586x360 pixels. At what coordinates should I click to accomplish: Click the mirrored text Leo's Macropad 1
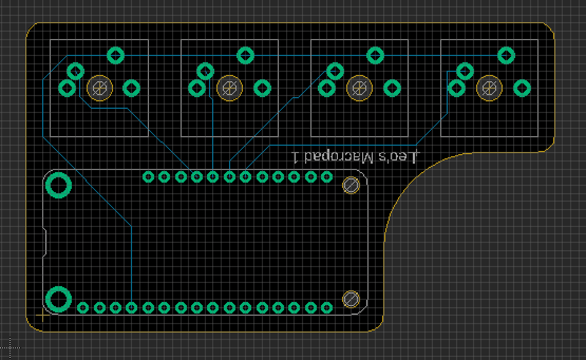[355, 157]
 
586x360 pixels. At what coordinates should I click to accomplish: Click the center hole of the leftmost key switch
[100, 89]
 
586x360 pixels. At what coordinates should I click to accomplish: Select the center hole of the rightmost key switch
[489, 89]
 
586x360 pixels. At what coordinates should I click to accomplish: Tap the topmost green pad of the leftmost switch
[116, 56]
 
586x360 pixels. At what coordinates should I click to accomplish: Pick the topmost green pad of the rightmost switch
[506, 56]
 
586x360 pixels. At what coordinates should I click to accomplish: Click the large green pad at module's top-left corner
[58, 185]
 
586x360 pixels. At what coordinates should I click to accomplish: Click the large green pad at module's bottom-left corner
[58, 299]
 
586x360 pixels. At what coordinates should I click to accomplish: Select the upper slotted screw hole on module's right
[351, 185]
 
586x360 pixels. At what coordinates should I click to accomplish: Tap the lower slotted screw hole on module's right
[351, 299]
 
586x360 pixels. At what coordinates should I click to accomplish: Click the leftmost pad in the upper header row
[148, 177]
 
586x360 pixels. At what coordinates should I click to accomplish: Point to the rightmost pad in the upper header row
[327, 177]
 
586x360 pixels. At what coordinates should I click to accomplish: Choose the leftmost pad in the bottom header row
[83, 308]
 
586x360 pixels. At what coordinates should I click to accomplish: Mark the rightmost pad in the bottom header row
[327, 308]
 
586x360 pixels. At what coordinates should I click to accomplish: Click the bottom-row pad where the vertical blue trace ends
[131, 308]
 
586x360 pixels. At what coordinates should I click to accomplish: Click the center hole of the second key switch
[230, 89]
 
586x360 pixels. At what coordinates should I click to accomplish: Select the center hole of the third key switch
[360, 89]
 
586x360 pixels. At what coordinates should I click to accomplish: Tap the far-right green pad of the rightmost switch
[522, 89]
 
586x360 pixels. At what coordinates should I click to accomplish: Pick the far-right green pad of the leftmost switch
[131, 89]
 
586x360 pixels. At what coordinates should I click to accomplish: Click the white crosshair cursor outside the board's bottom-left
[10, 348]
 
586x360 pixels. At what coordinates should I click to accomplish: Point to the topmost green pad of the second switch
[245, 56]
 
